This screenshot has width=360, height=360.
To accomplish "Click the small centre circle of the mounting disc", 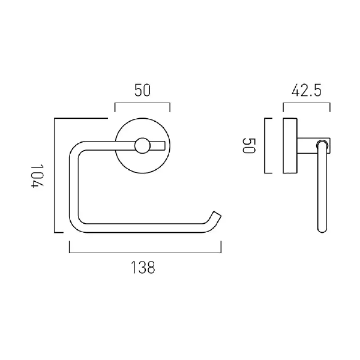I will click(142, 146).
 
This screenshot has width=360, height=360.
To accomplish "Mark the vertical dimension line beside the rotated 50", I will click(266, 146).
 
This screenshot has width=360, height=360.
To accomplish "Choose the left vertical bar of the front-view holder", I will click(73, 186).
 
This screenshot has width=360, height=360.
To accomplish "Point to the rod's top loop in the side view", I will click(323, 144).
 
